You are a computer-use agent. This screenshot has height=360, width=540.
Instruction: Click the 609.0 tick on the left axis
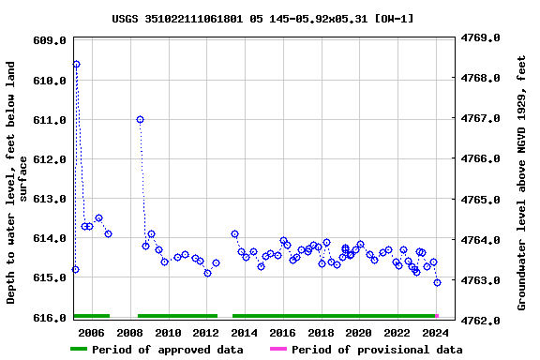click(50, 40)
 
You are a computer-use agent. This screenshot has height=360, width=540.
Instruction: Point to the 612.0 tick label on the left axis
click(50, 159)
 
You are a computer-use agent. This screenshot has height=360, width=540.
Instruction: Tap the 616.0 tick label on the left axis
click(50, 320)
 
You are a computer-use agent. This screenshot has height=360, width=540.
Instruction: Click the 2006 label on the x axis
click(91, 333)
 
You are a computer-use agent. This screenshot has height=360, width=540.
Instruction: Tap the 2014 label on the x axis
click(245, 333)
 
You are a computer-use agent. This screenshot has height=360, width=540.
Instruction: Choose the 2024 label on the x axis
click(435, 333)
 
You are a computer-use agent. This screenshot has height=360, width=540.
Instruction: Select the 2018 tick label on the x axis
click(321, 333)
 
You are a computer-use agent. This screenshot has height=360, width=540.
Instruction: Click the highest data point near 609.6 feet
click(76, 64)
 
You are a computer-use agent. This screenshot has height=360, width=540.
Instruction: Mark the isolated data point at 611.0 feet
click(140, 119)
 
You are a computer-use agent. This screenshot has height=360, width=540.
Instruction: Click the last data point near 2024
click(437, 282)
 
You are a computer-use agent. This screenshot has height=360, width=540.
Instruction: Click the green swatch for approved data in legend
click(79, 350)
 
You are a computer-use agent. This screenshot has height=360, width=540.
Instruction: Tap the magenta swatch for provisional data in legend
click(278, 350)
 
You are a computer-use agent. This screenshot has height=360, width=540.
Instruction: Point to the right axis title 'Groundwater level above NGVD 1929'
click(521, 182)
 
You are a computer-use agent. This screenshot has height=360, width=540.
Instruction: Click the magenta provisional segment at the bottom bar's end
click(437, 316)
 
